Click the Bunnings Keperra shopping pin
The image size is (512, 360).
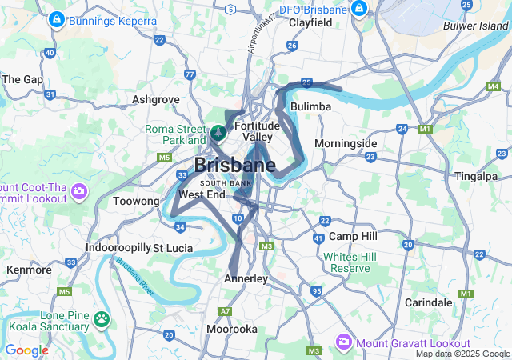tap(56, 19)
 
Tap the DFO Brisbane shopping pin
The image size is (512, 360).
tap(359, 10)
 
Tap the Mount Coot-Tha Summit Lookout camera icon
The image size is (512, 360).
tap(78, 191)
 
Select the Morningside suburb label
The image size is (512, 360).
tap(345, 143)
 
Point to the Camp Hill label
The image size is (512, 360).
tap(353, 237)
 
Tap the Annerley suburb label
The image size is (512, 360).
tap(246, 278)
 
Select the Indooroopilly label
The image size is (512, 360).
tap(118, 247)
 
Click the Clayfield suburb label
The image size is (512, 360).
tap(310, 23)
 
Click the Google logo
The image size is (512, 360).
tap(26, 350)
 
